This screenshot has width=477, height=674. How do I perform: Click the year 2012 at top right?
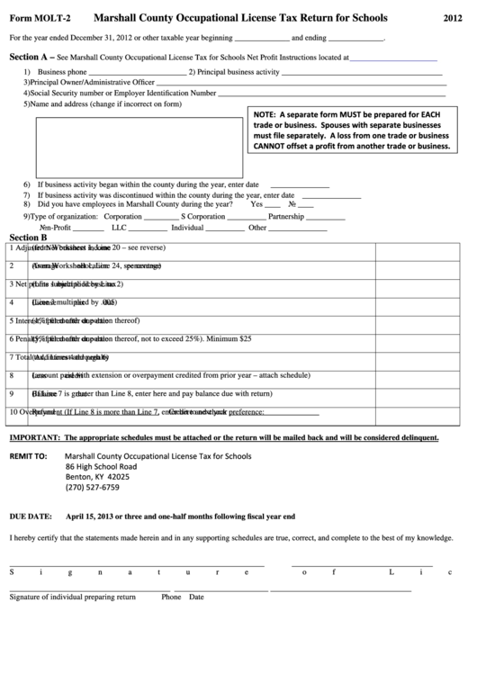454,17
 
